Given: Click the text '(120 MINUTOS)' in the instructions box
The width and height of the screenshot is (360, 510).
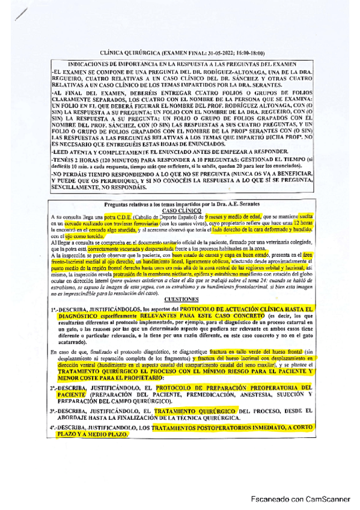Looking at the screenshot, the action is click(109, 159).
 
